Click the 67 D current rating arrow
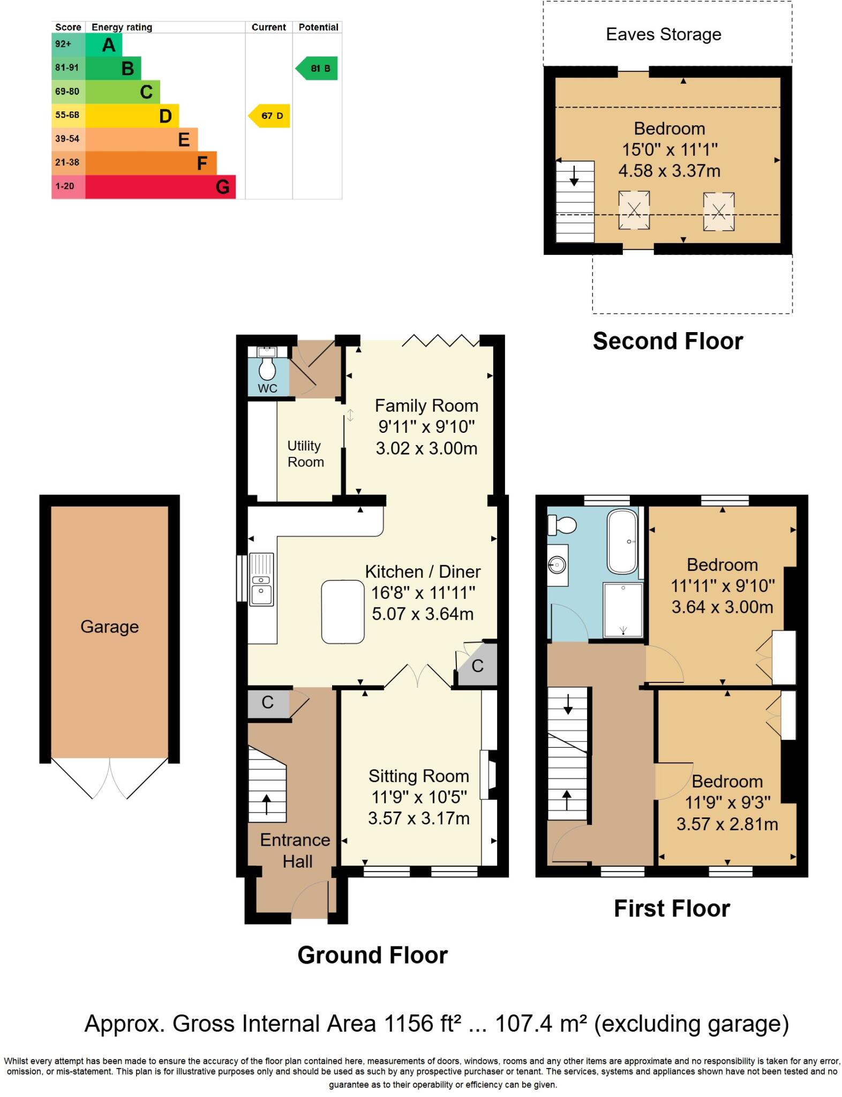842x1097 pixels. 269,116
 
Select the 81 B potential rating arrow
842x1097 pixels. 318,69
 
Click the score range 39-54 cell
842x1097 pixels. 67,139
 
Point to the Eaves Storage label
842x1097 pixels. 663,34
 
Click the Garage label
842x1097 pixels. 109,627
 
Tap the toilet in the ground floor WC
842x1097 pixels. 267,368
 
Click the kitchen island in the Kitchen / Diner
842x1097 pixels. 343,612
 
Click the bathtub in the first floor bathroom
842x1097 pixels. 622,541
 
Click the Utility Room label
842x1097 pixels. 305,454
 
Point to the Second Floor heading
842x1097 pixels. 667,341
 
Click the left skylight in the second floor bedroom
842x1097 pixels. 634,211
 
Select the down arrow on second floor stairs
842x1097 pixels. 574,176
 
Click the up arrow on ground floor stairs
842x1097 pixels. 266,803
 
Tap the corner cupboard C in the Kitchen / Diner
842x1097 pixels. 477,666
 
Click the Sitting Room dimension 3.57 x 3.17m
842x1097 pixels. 418,818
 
